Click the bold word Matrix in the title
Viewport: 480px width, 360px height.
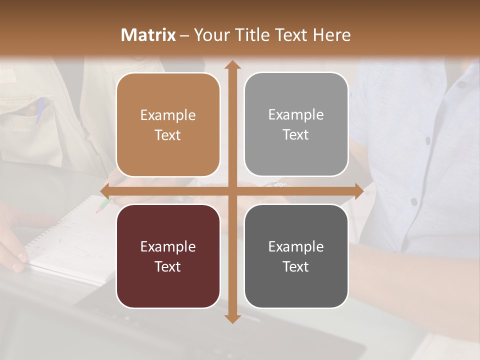point(148,35)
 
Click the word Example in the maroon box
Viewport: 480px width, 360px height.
point(168,246)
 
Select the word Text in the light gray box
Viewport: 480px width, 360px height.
point(296,135)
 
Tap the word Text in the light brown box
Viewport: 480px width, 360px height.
point(168,135)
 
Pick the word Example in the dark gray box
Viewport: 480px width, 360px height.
point(296,246)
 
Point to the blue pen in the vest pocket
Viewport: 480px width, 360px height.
point(39,109)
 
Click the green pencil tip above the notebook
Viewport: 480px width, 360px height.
point(102,205)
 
